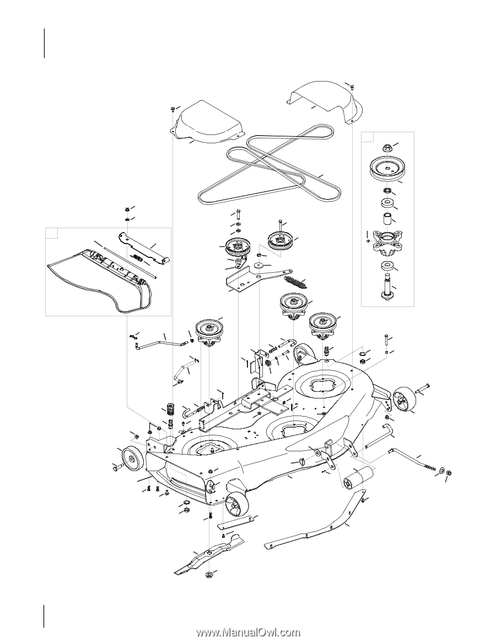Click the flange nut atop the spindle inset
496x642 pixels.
click(x=387, y=147)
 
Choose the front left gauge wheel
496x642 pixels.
click(x=131, y=457)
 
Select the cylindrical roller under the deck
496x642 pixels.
click(x=355, y=477)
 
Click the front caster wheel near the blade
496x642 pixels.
click(x=235, y=504)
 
